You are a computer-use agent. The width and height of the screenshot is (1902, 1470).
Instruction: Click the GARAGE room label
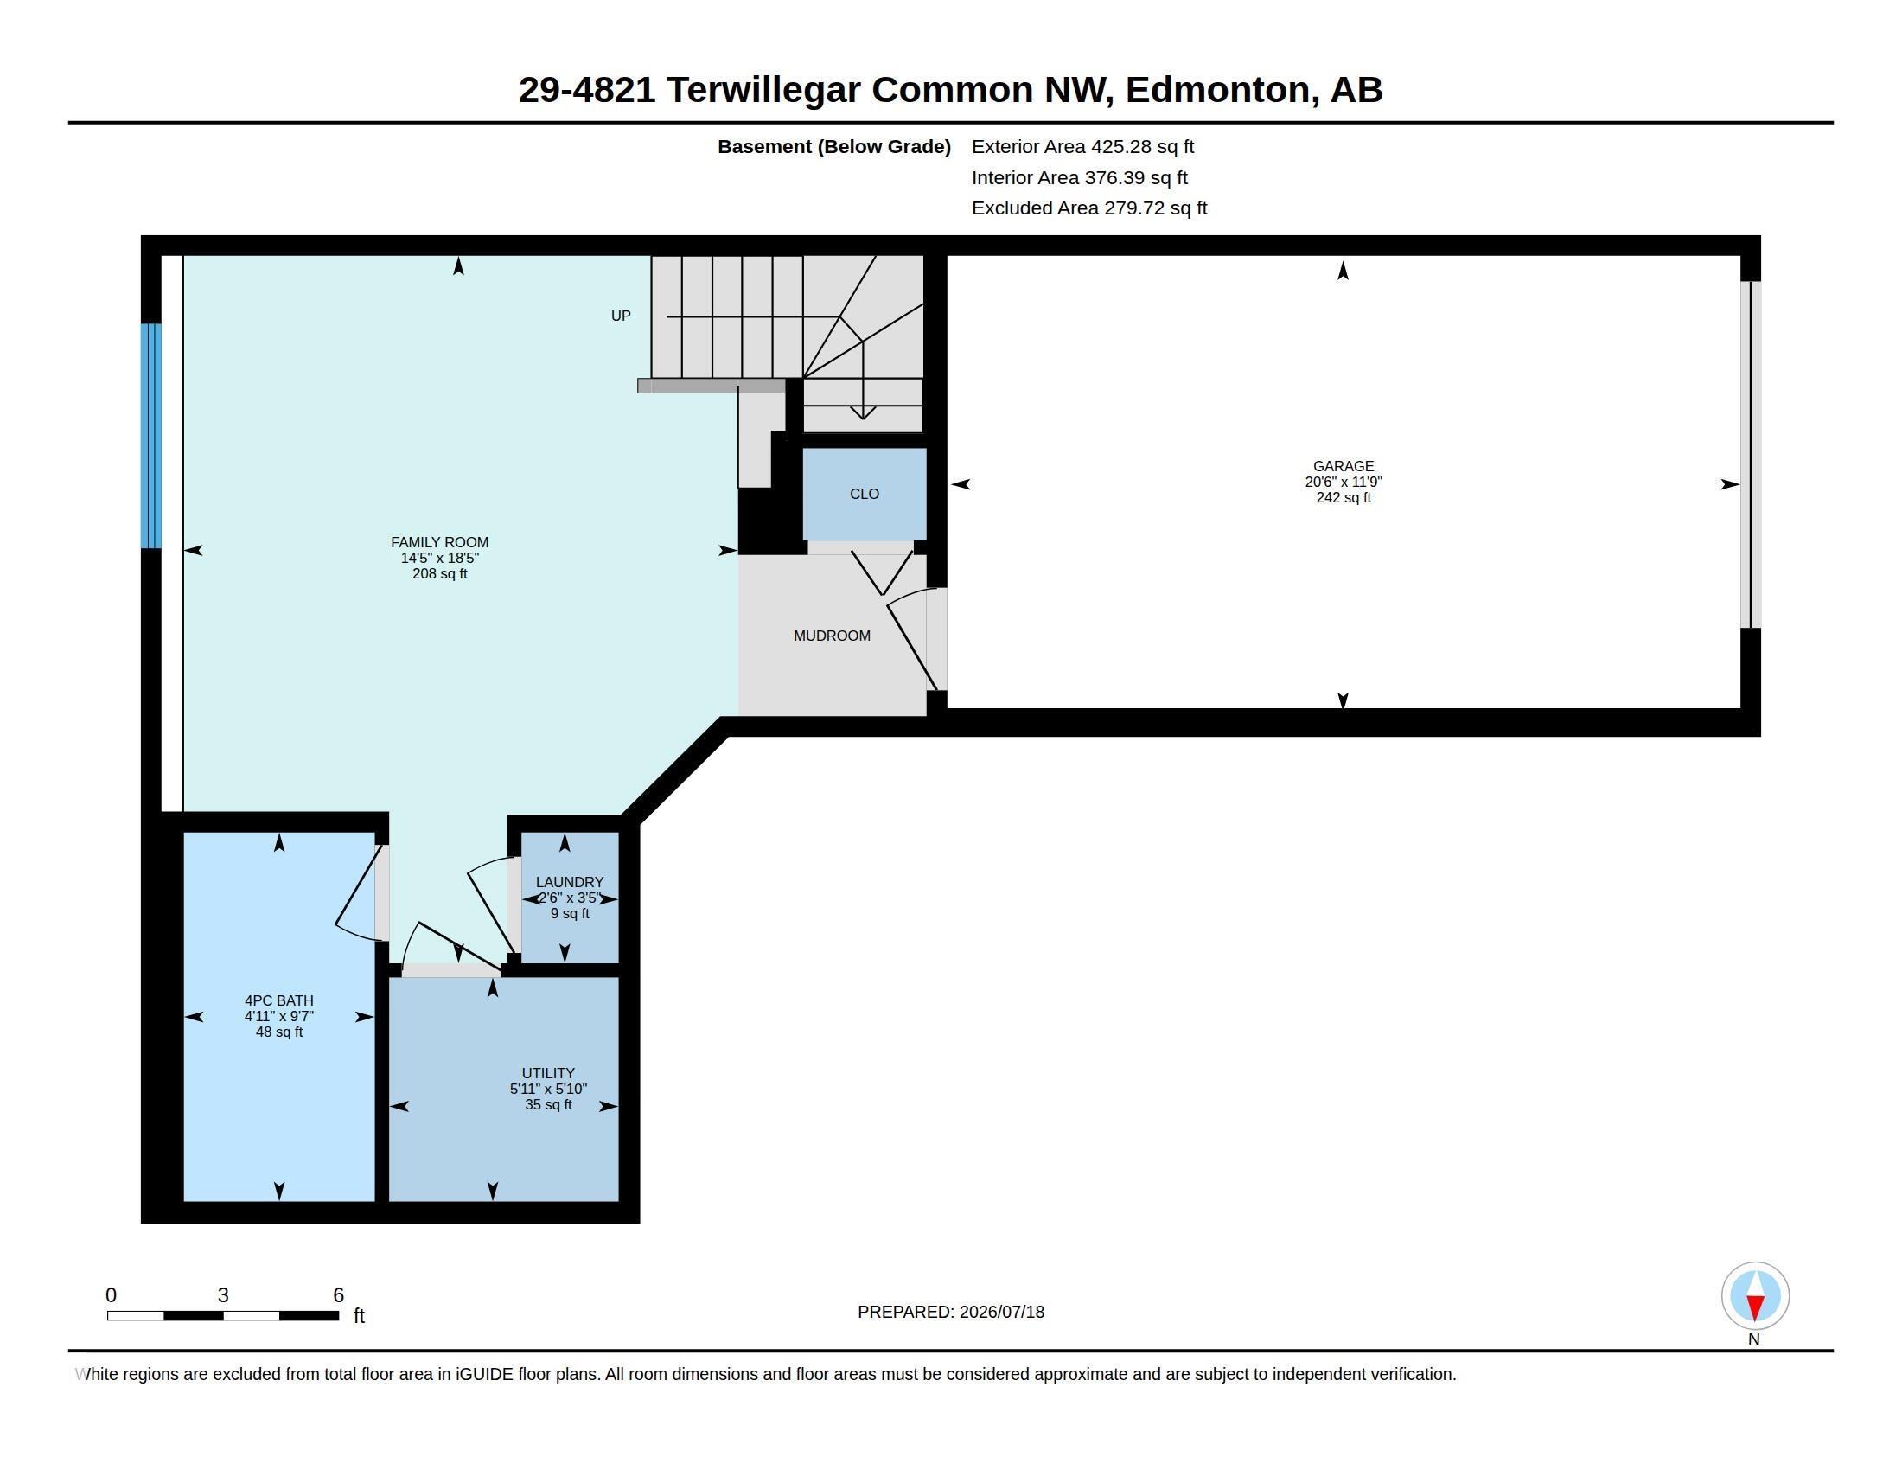tap(1343, 466)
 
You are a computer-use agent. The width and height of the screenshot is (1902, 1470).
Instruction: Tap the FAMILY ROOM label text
tap(439, 541)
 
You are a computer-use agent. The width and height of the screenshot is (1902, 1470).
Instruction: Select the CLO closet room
tap(864, 494)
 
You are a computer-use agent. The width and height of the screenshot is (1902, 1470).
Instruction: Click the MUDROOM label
tap(832, 636)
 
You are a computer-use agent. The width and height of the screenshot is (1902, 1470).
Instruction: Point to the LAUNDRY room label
tap(570, 882)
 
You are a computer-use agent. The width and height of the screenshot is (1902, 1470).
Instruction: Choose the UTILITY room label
tap(548, 1073)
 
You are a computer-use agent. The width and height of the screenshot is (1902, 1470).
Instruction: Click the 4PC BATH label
tap(278, 1000)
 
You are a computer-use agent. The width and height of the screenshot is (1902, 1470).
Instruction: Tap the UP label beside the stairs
tap(621, 316)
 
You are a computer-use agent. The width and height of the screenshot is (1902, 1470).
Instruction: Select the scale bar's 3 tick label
tap(223, 1295)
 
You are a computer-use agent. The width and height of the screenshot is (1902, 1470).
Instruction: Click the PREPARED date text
tap(951, 1312)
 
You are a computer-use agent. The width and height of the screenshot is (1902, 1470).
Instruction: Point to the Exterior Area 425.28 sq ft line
tap(1082, 147)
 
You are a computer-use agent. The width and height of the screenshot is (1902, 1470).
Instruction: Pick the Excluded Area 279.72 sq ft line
tap(1089, 208)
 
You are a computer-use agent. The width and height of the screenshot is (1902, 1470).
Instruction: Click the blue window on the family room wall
tap(151, 437)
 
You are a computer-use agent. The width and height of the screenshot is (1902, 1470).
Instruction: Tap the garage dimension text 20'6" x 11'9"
tap(1343, 482)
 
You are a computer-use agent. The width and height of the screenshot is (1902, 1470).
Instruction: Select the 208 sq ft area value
tap(440, 574)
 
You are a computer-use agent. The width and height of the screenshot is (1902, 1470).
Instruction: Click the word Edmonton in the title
tap(1217, 90)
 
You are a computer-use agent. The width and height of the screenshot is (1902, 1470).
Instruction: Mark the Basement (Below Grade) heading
tap(833, 147)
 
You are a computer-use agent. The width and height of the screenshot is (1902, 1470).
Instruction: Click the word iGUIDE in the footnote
tap(484, 1374)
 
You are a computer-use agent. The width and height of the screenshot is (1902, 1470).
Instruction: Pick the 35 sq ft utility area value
tap(549, 1104)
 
